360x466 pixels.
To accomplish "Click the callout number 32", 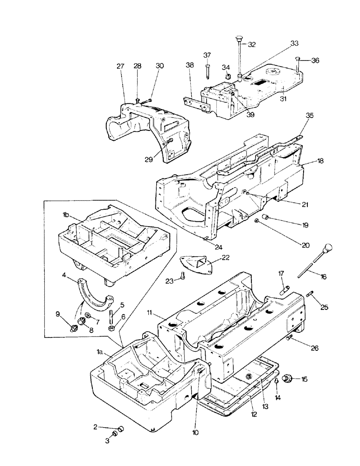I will click(x=252, y=45).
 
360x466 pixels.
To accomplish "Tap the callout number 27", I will click(x=121, y=67).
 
